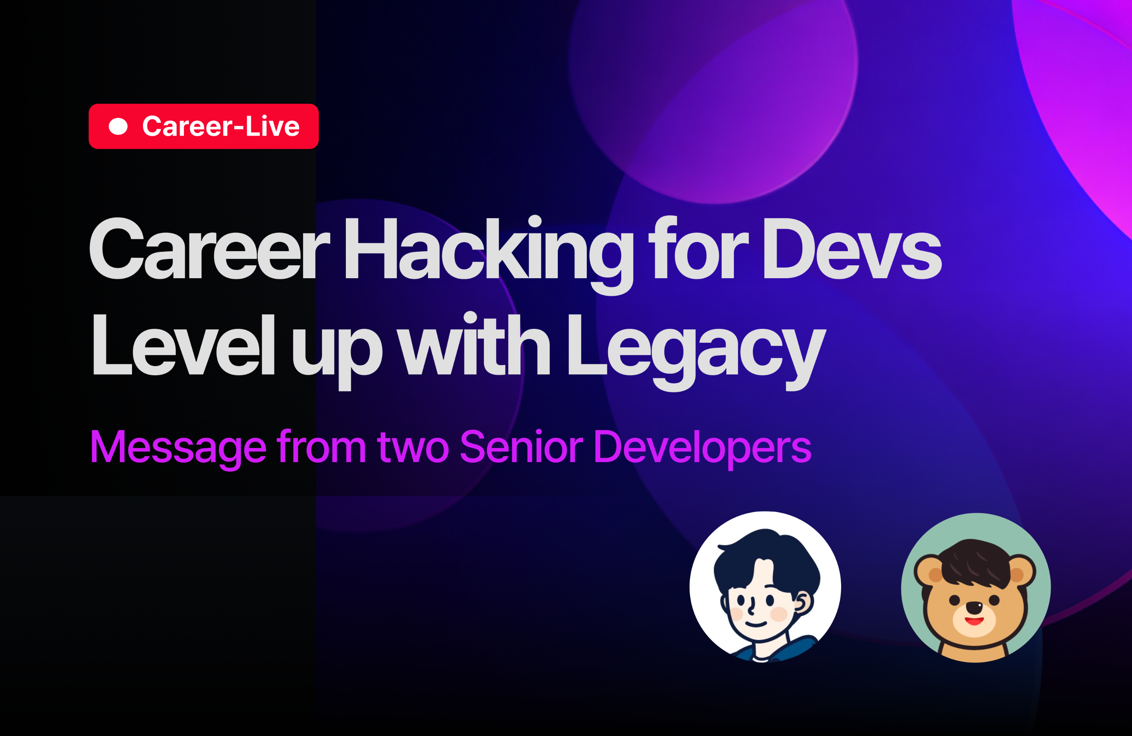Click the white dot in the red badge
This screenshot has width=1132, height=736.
tap(118, 127)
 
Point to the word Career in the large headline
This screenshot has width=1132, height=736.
tap(209, 249)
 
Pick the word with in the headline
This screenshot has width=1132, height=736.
tap(474, 343)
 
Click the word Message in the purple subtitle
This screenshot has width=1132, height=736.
tap(178, 446)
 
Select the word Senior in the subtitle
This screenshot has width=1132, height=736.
tap(521, 446)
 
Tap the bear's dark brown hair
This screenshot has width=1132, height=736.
tap(975, 563)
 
